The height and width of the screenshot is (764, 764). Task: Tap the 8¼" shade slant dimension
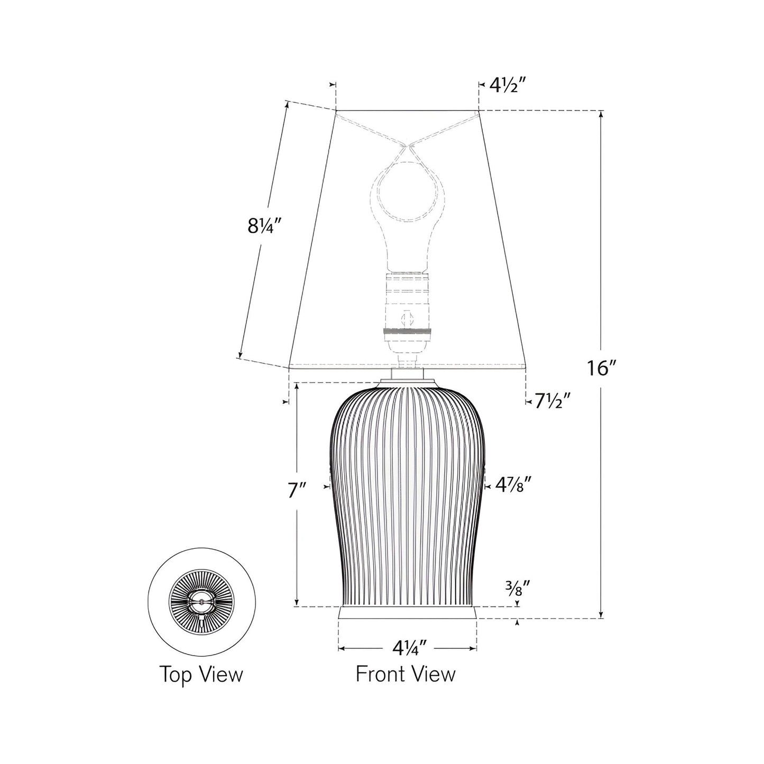pos(263,226)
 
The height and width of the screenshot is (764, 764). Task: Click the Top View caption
pos(201,675)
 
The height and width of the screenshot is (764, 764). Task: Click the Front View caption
pos(406,674)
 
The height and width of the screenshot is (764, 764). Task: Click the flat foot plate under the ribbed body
pos(407,613)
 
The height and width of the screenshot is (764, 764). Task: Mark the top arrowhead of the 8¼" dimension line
pos(287,105)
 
